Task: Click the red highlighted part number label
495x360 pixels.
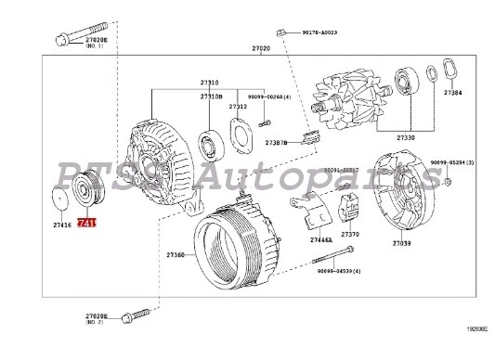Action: tap(85, 224)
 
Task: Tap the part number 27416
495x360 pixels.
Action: tap(62, 225)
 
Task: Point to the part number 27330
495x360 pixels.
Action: tap(406, 136)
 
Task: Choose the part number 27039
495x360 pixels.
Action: tap(401, 243)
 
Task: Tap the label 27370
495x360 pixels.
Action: tap(350, 235)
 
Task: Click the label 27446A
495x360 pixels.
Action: tap(296, 239)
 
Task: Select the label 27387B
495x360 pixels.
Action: tap(277, 143)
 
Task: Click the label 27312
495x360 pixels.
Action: tap(238, 107)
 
